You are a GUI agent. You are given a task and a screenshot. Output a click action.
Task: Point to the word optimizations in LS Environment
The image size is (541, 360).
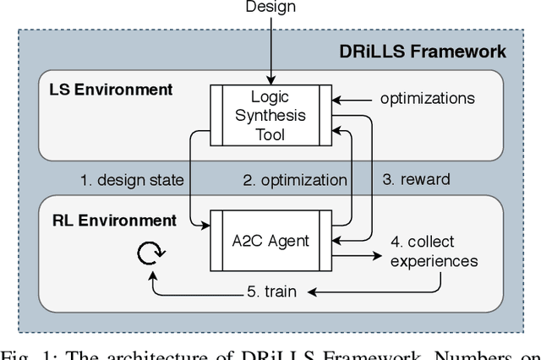426,98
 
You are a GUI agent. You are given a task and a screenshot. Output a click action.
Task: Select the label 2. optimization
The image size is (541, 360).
295,179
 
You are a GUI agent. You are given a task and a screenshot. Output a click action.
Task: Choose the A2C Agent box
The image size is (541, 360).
270,241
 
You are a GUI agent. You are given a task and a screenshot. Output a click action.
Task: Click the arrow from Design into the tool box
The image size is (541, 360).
270,51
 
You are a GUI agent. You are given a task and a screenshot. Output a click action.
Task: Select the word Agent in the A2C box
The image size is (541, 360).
285,241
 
